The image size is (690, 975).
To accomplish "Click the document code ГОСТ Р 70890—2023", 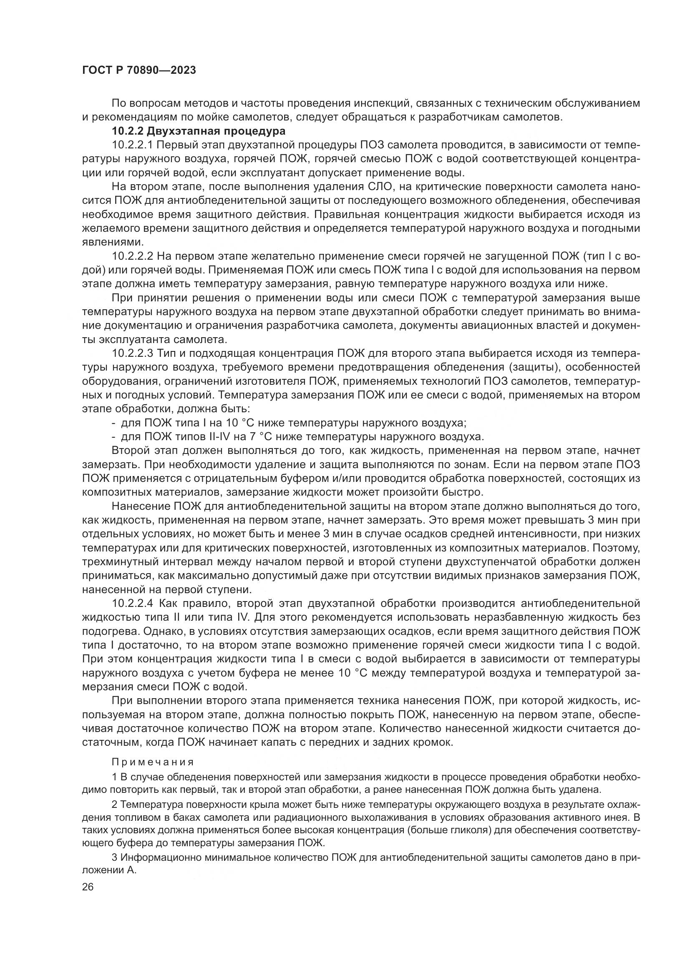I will (x=139, y=70).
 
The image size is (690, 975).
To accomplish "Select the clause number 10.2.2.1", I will (x=132, y=145).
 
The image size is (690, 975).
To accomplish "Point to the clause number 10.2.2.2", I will (x=132, y=256).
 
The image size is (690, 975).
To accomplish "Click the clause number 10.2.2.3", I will (x=132, y=353).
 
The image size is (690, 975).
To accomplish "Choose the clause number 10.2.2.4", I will (x=132, y=604).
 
